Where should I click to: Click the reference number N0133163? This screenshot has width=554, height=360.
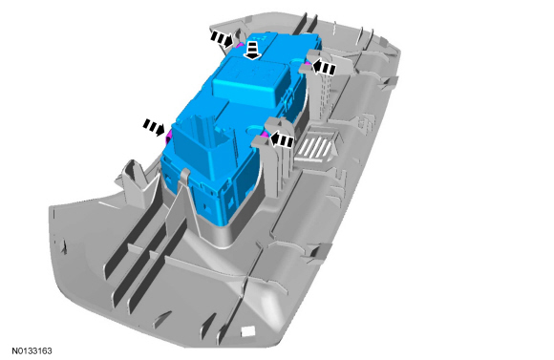(x=32, y=350)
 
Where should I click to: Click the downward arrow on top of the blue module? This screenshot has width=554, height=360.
(x=252, y=51)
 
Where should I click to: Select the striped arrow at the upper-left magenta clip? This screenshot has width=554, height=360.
(x=223, y=38)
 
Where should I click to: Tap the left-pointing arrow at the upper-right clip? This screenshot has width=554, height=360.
(x=323, y=67)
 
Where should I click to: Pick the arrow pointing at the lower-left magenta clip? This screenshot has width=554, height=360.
(x=154, y=126)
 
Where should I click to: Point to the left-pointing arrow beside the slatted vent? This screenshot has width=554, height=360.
(x=282, y=139)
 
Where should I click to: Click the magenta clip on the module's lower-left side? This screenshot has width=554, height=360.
(x=169, y=135)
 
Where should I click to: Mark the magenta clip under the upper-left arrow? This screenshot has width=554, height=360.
(x=239, y=45)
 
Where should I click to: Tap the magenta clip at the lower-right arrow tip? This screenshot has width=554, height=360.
(x=265, y=135)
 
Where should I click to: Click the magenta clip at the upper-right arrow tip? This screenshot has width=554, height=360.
(x=308, y=63)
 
